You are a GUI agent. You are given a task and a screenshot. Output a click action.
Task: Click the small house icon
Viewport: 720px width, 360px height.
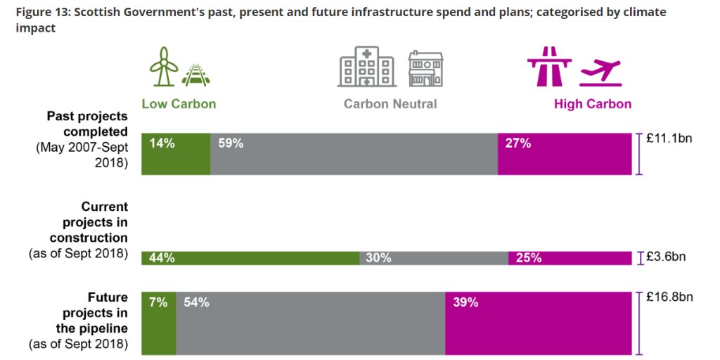pos(426,69)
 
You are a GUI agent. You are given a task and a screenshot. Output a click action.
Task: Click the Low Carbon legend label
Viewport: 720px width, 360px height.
pos(179,104)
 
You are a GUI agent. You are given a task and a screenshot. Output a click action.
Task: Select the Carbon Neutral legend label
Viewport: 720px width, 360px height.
pos(390,104)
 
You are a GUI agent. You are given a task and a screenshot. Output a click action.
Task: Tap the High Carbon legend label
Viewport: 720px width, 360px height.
pos(593,104)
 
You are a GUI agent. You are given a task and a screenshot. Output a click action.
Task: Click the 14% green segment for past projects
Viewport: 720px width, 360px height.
pos(176,154)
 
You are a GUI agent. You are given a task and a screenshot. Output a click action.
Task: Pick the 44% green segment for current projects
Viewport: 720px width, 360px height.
pos(250,258)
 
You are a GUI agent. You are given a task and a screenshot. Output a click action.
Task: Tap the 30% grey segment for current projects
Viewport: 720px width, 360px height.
pos(434,258)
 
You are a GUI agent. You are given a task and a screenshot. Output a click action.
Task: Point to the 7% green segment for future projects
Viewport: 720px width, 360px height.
pos(159,323)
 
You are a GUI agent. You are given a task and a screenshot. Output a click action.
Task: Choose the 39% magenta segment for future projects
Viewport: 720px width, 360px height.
pos(539,323)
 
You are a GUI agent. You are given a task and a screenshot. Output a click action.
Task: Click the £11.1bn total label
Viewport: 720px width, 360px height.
pos(669,139)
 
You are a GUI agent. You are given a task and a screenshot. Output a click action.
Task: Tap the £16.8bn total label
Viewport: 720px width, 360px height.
pos(669,297)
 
